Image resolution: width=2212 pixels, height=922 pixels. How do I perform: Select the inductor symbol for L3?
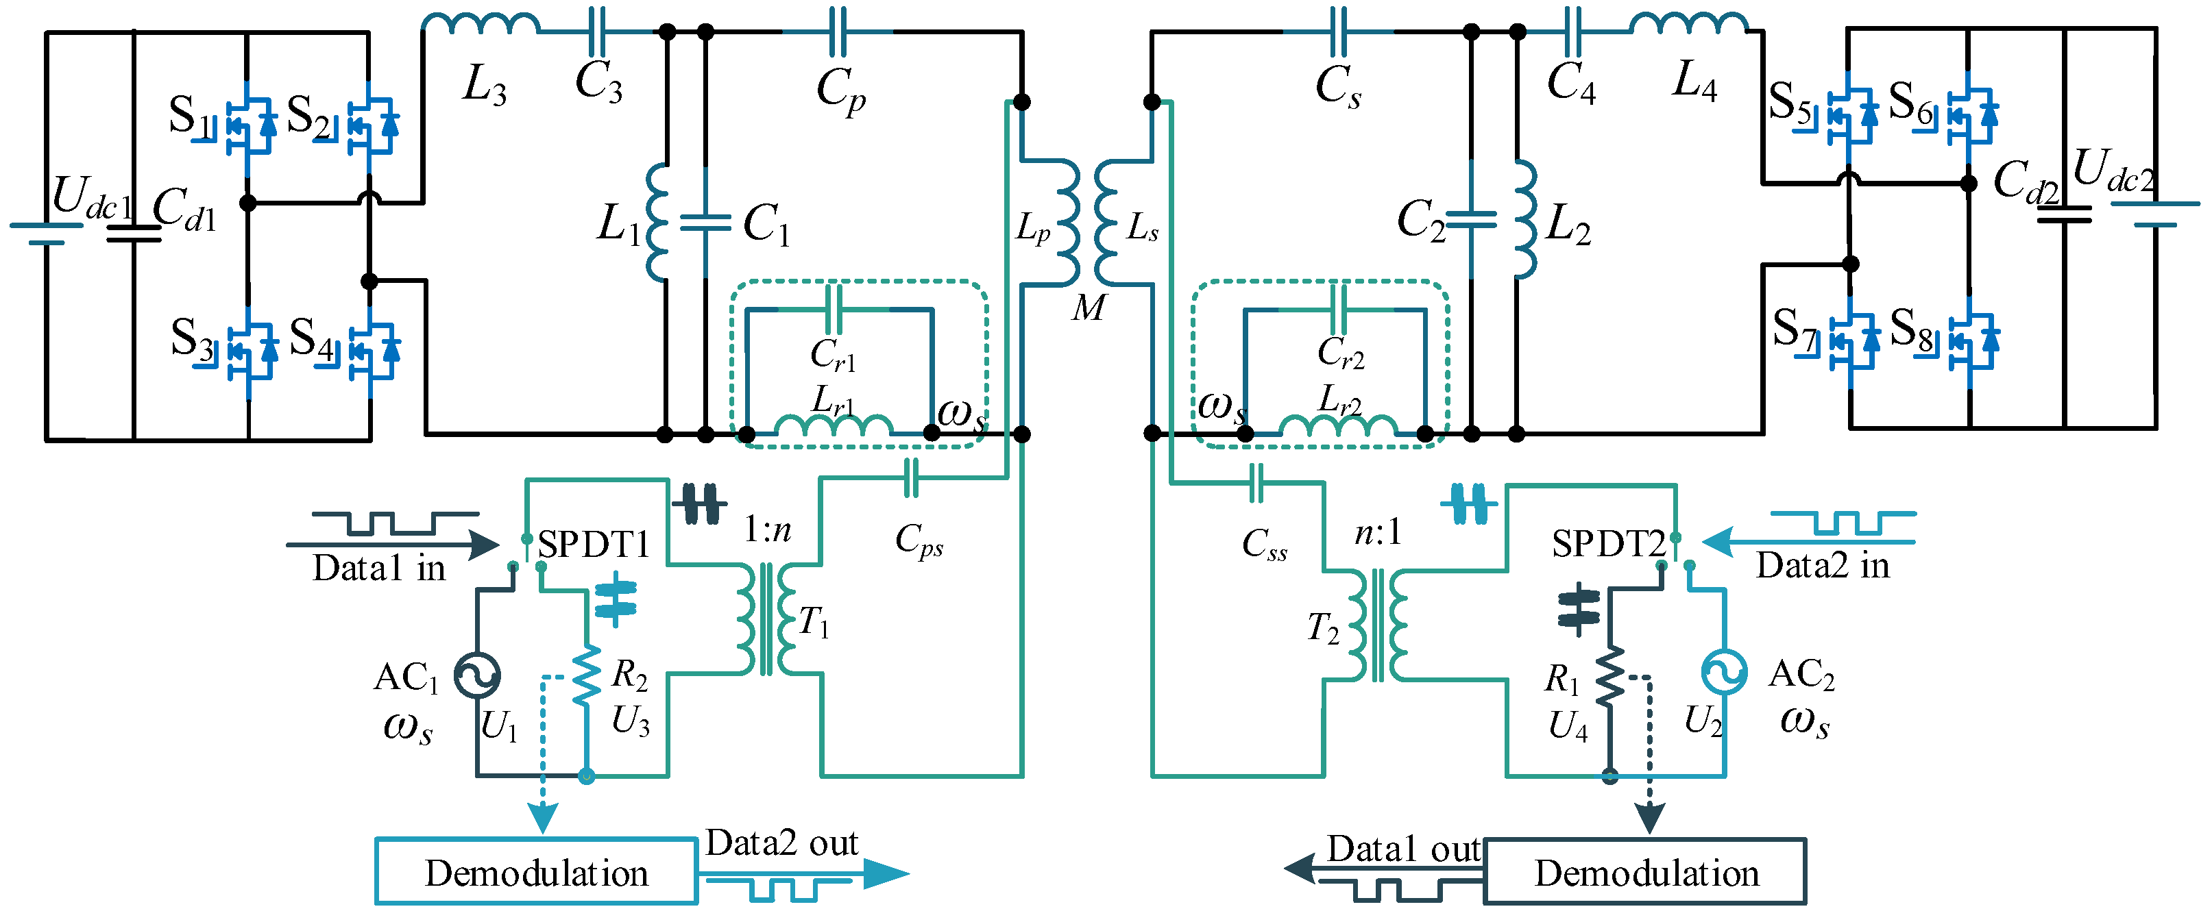coord(481,24)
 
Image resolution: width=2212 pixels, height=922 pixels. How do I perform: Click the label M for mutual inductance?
coord(1089,308)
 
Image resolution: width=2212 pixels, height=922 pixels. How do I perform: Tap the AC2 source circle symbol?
coord(1724,672)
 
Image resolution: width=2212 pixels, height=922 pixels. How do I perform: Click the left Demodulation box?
coord(537,871)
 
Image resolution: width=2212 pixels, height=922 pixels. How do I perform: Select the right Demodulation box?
coord(1645,871)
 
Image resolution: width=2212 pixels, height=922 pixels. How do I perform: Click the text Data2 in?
coord(1822,566)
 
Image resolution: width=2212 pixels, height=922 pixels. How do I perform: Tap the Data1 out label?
coord(1403,849)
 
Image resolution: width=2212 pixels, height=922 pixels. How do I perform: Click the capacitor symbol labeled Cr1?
coord(833,309)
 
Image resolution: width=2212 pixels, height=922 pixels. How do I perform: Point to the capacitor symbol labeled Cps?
coord(911,478)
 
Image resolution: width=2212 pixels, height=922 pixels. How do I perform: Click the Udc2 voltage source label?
coord(2113,172)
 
